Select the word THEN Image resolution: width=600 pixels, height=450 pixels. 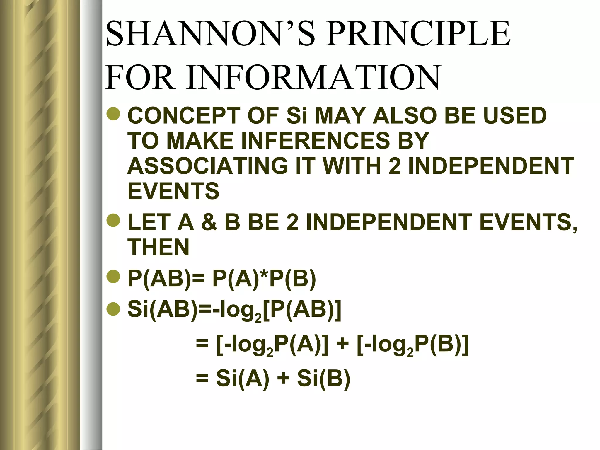tap(158, 248)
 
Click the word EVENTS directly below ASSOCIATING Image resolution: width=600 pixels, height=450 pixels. tap(173, 191)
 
